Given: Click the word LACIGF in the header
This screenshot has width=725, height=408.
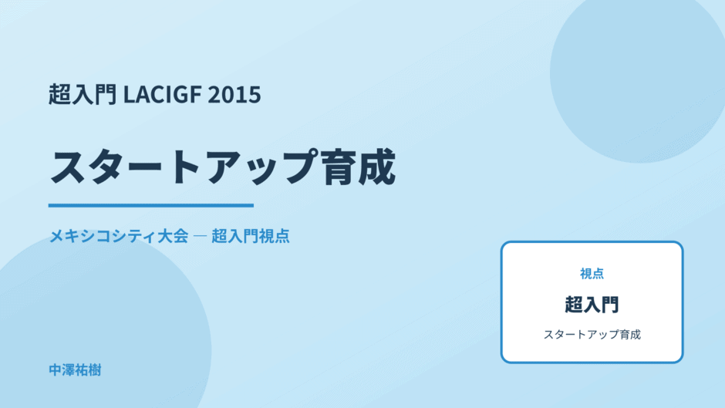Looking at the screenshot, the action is point(162,94).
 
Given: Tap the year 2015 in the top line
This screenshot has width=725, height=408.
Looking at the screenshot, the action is point(234,94).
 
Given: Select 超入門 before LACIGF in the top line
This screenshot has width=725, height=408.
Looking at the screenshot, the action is point(83,94).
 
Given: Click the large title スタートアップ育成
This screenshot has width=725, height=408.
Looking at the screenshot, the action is point(222,167).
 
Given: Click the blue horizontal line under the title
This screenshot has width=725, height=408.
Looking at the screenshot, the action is point(151,205).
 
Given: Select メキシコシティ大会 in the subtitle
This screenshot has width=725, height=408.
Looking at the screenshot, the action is point(119,236).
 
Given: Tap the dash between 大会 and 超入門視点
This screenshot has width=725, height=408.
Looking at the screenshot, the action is point(200,236).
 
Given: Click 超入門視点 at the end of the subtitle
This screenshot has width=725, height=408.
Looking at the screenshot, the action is point(251,236).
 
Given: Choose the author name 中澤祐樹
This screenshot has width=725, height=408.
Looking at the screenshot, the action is point(75,370).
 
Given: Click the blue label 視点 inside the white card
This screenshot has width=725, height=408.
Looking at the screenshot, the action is point(592,274).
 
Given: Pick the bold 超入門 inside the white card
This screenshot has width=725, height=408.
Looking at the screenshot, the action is point(592,305).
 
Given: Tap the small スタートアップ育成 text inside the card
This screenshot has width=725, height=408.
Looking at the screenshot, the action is point(592,335).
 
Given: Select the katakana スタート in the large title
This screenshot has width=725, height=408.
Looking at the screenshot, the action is point(126,167).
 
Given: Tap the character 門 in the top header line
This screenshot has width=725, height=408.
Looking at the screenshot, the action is point(106,94).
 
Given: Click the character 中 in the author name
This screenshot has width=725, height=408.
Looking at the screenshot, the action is point(56,370).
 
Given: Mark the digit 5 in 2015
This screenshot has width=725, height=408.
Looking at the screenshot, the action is point(255,95).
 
